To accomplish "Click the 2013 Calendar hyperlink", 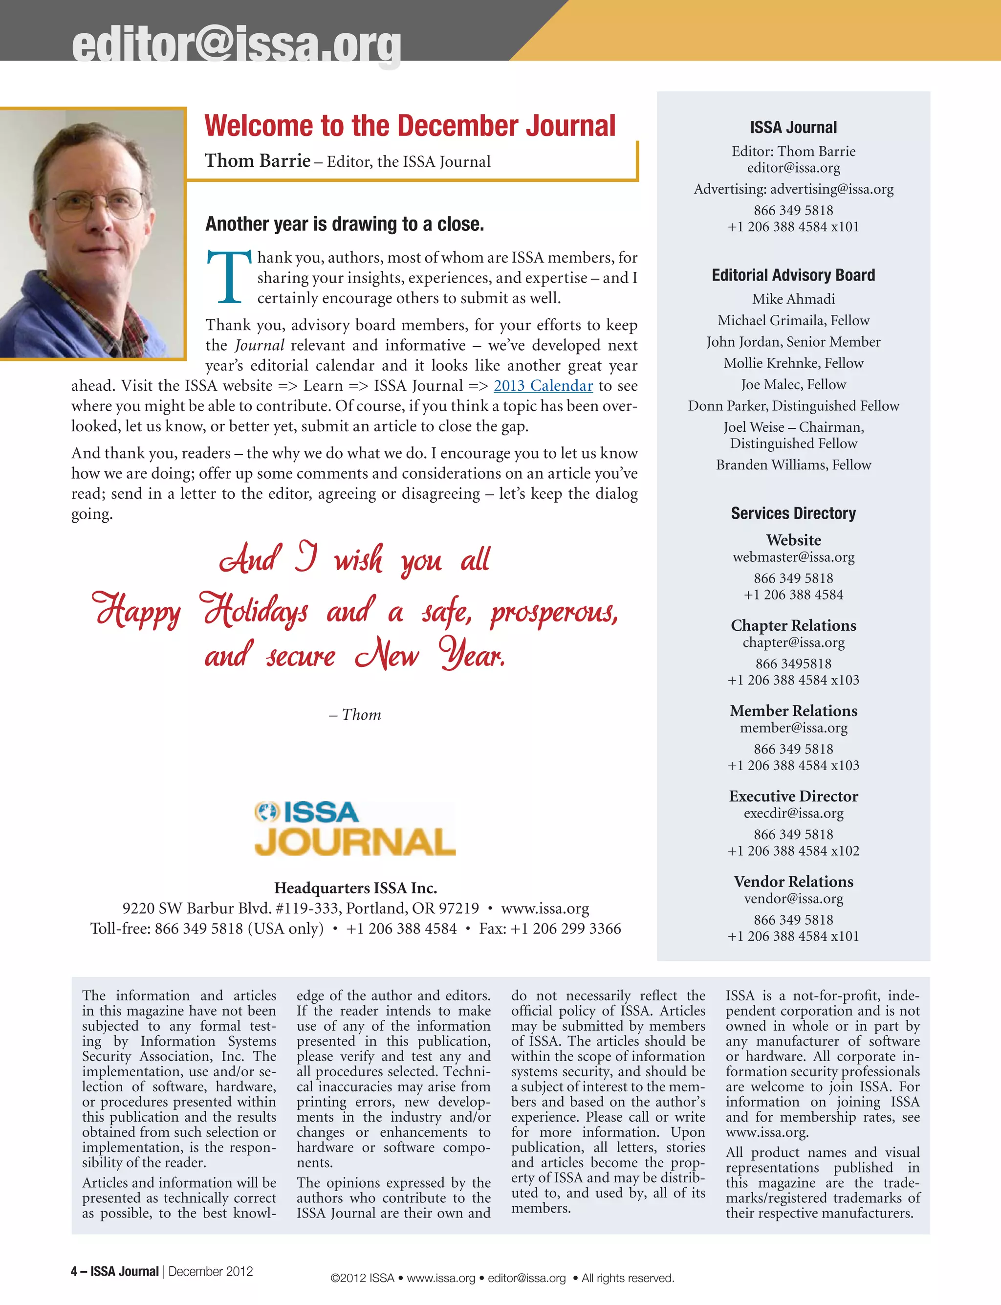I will point(543,386).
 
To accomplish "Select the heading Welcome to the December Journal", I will point(410,126).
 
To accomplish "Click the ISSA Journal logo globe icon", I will point(266,812).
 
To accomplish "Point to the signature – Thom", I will point(355,714).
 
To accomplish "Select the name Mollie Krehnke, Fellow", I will point(793,363).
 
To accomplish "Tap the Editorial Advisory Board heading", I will point(793,275).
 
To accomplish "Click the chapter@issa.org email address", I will point(793,642).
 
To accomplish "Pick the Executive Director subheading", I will point(793,796).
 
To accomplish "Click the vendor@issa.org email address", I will point(793,899).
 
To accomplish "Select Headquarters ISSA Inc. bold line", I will point(355,888).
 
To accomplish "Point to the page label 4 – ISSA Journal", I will point(115,1271).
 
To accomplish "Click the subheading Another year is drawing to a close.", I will point(345,224).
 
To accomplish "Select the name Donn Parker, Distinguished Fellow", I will point(793,406).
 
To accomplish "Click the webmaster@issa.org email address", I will point(793,557).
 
